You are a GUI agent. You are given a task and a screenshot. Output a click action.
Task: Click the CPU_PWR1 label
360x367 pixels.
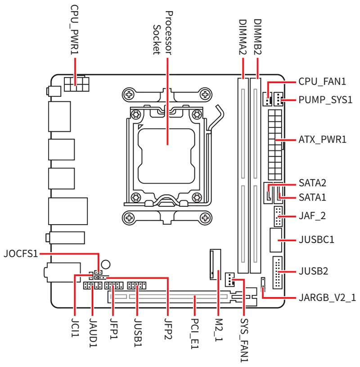point(75,30)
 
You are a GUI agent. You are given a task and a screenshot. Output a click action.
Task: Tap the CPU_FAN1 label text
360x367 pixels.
point(322,82)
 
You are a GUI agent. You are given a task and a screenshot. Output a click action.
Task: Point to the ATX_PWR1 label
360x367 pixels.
point(322,140)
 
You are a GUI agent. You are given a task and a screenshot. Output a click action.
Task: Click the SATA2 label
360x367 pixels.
point(312,183)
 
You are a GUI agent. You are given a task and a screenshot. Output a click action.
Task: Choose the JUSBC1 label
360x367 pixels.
point(316,239)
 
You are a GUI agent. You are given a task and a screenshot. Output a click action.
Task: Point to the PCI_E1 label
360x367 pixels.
point(195,331)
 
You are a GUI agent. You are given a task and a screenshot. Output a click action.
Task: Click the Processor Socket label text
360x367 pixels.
point(163,32)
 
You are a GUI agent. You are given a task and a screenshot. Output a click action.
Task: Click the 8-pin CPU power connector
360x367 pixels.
point(77,84)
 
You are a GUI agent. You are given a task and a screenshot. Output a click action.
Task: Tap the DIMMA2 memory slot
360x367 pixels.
point(243,176)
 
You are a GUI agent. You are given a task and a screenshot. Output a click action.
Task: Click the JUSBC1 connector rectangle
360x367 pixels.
point(276,240)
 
